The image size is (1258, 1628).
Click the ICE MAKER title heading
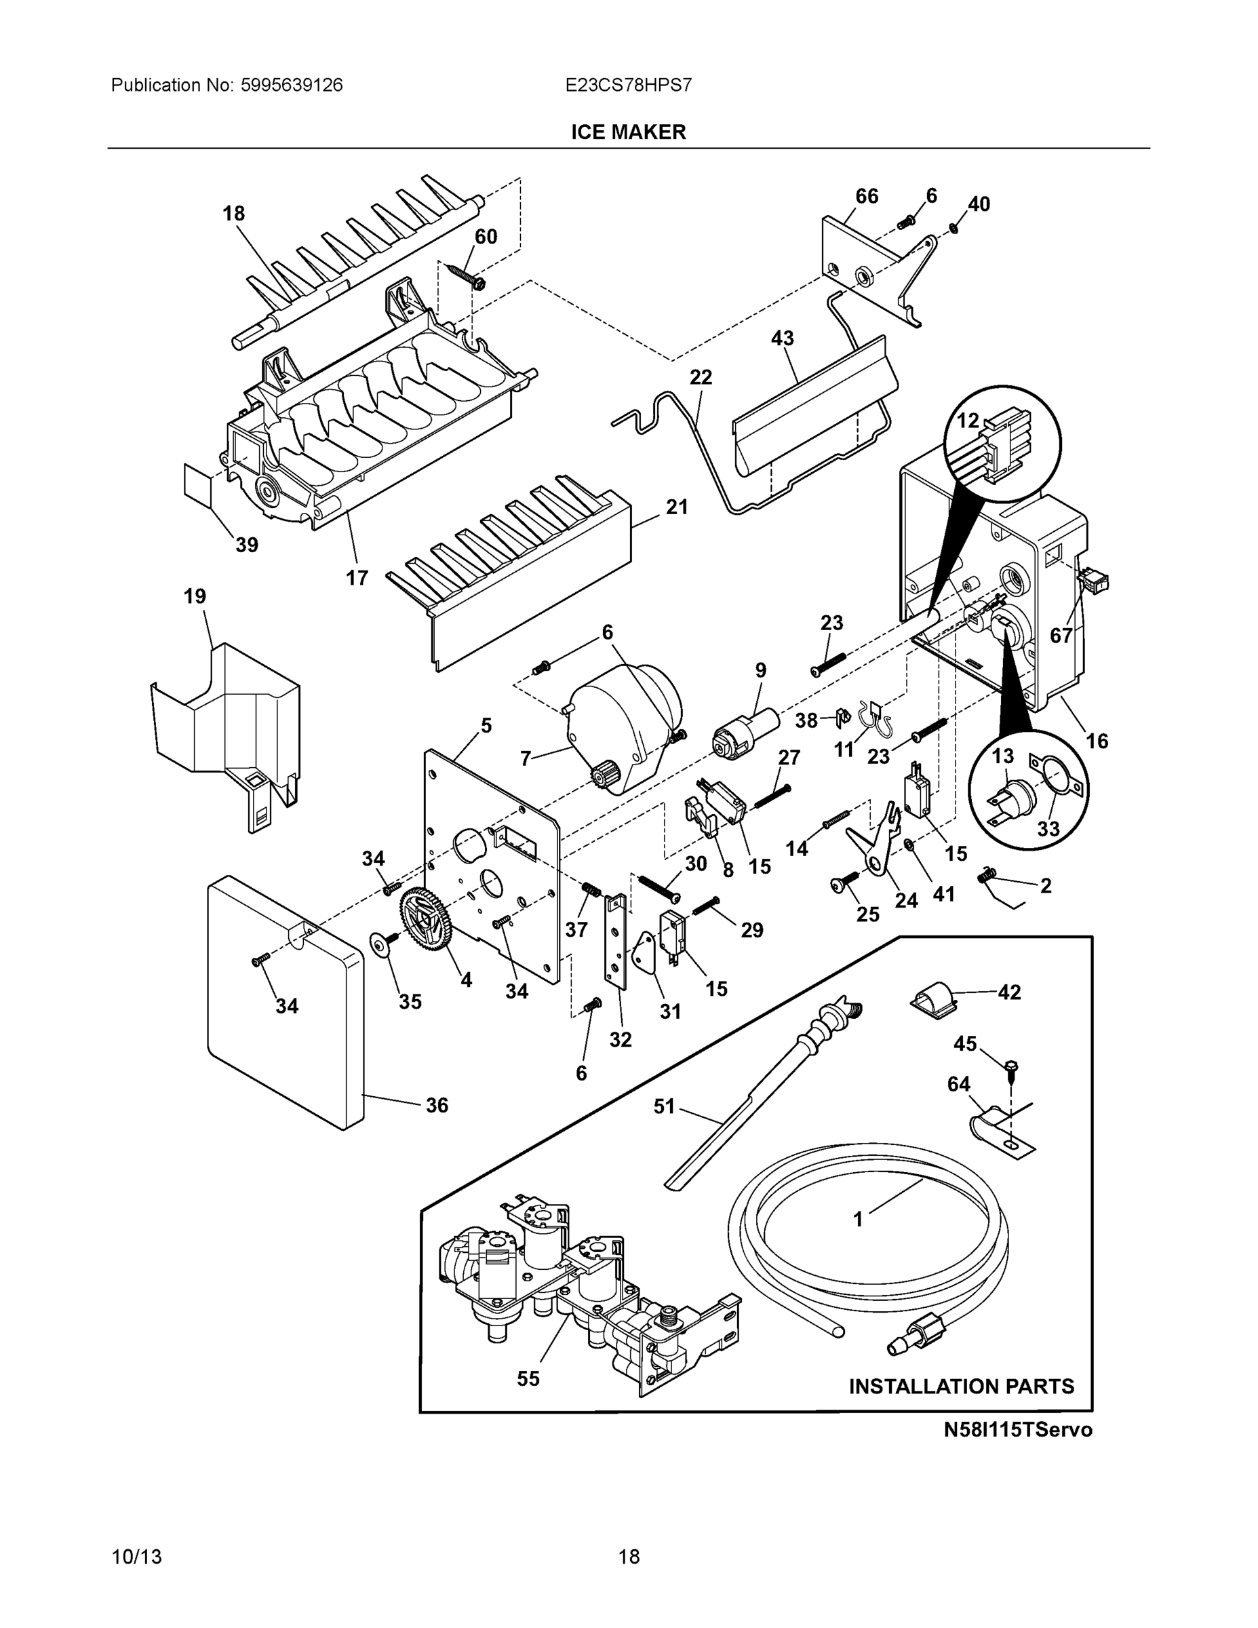click(x=628, y=132)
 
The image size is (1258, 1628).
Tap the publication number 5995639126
click(x=292, y=85)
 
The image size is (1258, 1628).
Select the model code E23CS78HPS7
click(x=628, y=85)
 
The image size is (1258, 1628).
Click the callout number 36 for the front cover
click(x=437, y=1105)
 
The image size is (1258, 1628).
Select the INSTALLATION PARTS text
click(x=962, y=1386)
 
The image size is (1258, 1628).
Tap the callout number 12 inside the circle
click(x=967, y=421)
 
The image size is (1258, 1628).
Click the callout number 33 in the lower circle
click(x=1048, y=828)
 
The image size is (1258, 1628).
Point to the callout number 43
click(x=782, y=338)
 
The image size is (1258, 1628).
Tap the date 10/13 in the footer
click(x=136, y=1557)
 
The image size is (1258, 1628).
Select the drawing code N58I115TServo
click(x=1017, y=1430)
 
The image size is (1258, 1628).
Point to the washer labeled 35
click(x=382, y=944)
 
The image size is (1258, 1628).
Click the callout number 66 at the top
click(x=866, y=196)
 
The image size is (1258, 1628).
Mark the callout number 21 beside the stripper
click(x=676, y=507)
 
